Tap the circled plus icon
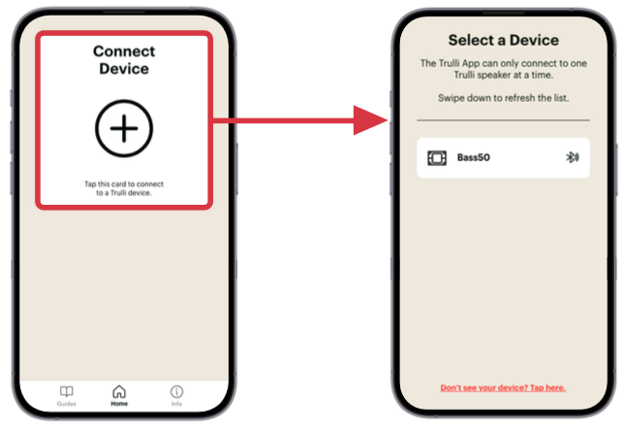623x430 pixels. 124,128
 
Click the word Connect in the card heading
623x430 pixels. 124,51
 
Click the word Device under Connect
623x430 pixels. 124,69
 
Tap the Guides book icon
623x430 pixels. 66,391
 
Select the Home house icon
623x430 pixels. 119,391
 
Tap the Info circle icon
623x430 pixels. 176,392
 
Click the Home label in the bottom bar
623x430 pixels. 119,404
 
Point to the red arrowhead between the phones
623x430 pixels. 369,120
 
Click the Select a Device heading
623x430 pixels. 504,40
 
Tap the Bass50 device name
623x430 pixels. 473,157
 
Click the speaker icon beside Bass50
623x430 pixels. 437,158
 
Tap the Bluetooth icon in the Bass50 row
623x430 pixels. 573,157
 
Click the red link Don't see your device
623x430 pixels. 503,388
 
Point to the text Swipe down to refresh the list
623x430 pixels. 504,98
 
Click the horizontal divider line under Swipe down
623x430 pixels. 504,119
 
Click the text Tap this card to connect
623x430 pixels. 124,184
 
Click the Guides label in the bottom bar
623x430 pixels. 66,404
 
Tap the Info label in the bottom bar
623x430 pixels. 176,404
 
